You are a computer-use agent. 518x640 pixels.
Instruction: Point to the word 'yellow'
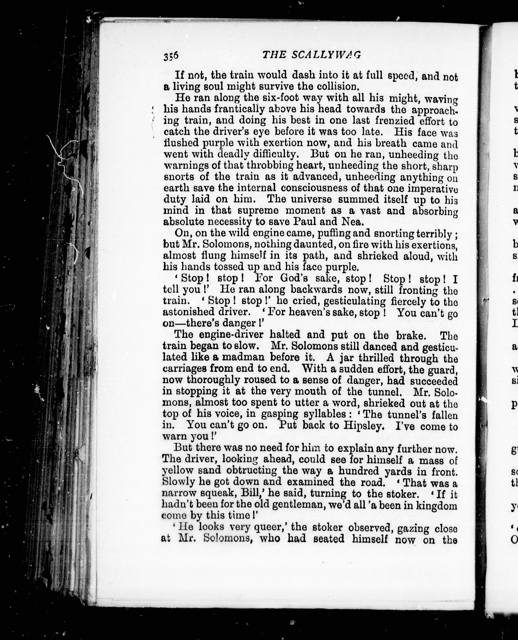point(176,471)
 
